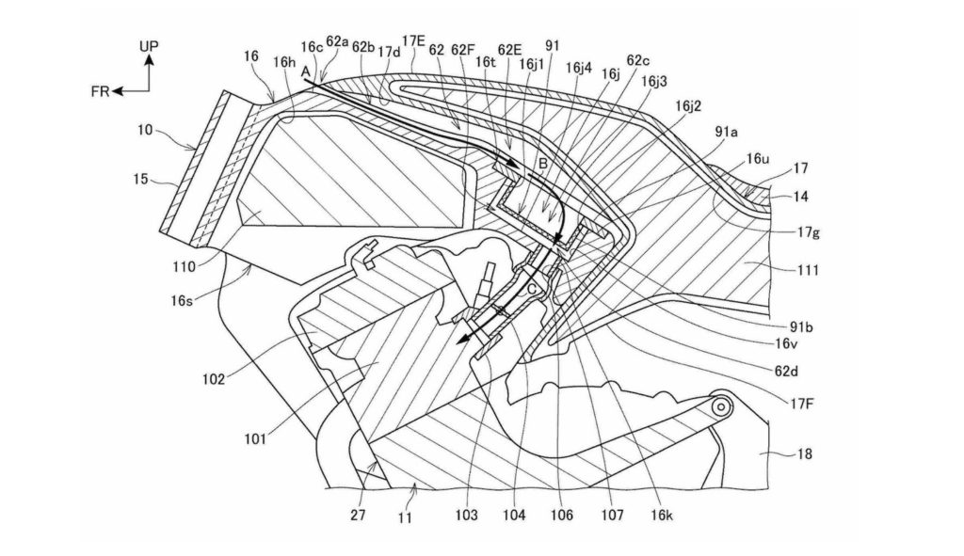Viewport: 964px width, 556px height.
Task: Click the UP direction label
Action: point(150,45)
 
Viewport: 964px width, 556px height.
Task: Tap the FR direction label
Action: point(101,92)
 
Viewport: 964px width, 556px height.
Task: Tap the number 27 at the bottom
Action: point(358,516)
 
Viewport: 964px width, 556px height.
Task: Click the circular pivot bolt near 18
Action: point(722,407)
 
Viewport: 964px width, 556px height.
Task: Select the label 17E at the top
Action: point(413,41)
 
